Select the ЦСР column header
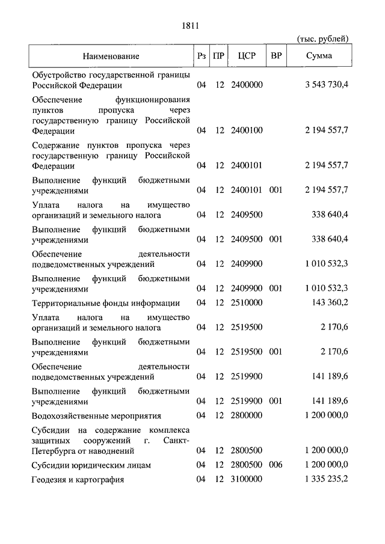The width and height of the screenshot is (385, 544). click(x=247, y=57)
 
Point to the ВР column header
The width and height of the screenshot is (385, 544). click(x=276, y=57)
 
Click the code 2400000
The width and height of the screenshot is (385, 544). click(x=247, y=85)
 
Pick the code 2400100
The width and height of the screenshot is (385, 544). click(x=247, y=130)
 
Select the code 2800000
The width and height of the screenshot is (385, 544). click(x=247, y=415)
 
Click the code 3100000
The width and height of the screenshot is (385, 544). click(x=247, y=479)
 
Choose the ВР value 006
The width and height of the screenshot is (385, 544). click(x=276, y=465)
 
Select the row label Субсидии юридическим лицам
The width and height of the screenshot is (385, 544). click(x=91, y=465)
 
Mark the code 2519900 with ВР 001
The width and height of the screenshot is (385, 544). click(x=247, y=401)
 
